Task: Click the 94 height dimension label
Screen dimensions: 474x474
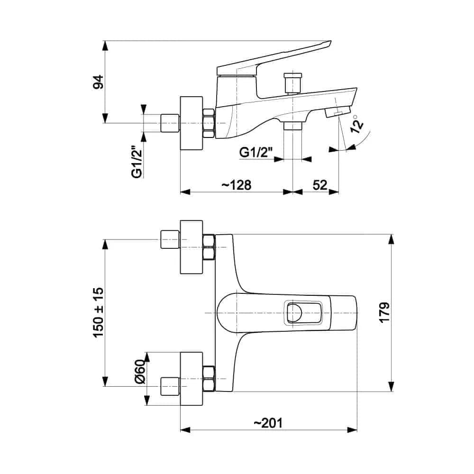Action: [98, 82]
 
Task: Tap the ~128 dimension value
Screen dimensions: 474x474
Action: [236, 185]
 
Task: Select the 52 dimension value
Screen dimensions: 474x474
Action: [320, 185]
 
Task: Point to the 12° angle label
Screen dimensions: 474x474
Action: [358, 123]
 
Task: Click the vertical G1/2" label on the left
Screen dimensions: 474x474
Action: [137, 162]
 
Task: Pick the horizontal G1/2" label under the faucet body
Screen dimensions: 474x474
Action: [256, 153]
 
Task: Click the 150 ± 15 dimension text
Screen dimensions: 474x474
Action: [99, 312]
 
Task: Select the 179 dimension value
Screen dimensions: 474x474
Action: [384, 312]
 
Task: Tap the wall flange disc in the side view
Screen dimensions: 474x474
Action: [192, 123]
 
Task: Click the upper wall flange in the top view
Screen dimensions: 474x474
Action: [192, 247]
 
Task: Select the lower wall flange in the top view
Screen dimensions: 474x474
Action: [192, 378]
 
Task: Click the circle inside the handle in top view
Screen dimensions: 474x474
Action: [294, 313]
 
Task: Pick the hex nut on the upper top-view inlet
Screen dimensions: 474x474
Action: [209, 247]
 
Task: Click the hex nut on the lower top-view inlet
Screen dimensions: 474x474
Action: [209, 378]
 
